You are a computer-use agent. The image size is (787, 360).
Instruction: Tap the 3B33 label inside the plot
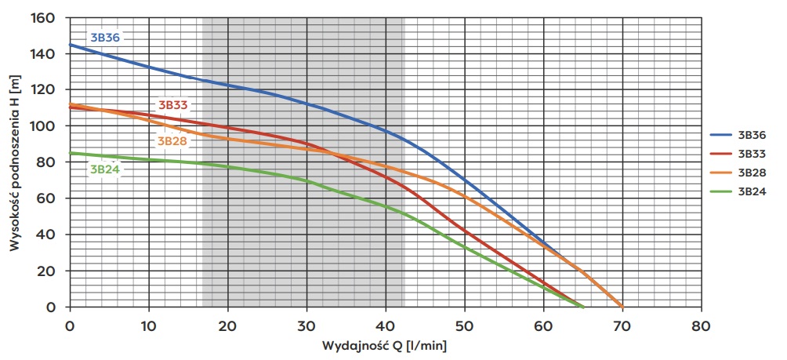coord(174,104)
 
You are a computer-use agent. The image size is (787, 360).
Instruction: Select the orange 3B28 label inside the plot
coord(172,141)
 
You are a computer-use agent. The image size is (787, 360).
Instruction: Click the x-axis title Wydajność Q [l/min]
coord(384,345)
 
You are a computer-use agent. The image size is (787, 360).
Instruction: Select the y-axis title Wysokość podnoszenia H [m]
coord(14,162)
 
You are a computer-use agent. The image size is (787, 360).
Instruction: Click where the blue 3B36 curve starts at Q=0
coord(71,45)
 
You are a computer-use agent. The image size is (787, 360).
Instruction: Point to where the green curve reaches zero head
coord(583,307)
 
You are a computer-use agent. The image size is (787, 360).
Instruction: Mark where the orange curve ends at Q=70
coord(622,307)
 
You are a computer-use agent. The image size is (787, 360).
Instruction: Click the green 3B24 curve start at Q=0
coord(71,153)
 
